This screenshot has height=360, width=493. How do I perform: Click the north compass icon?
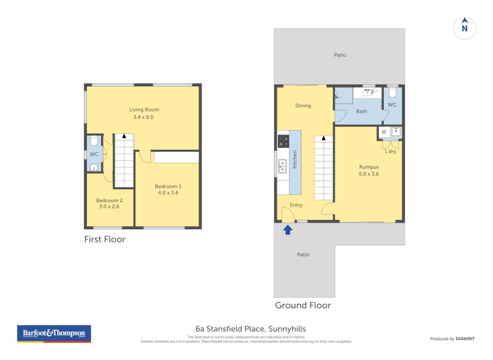(x=465, y=28)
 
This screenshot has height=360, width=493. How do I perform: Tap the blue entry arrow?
(x=287, y=230)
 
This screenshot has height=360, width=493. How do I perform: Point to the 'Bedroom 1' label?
(x=168, y=186)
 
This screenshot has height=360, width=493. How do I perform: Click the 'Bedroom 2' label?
(x=109, y=200)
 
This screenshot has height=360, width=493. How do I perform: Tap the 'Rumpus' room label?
(x=369, y=166)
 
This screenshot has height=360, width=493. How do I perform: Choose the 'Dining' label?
(x=303, y=105)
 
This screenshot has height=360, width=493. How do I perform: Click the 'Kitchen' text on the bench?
(x=295, y=160)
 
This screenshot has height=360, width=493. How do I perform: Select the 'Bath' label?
(x=362, y=111)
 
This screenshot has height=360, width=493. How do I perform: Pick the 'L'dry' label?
(x=390, y=151)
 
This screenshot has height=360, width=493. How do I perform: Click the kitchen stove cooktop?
(x=283, y=141)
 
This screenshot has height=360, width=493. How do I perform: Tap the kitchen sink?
(x=282, y=166)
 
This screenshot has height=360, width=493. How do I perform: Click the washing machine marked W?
(x=384, y=132)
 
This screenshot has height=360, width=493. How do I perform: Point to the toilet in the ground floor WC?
(x=393, y=94)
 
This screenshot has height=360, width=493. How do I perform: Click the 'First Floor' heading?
(x=105, y=239)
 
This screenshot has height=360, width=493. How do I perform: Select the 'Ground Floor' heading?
(x=303, y=305)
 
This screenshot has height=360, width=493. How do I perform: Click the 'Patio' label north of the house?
(x=340, y=55)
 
